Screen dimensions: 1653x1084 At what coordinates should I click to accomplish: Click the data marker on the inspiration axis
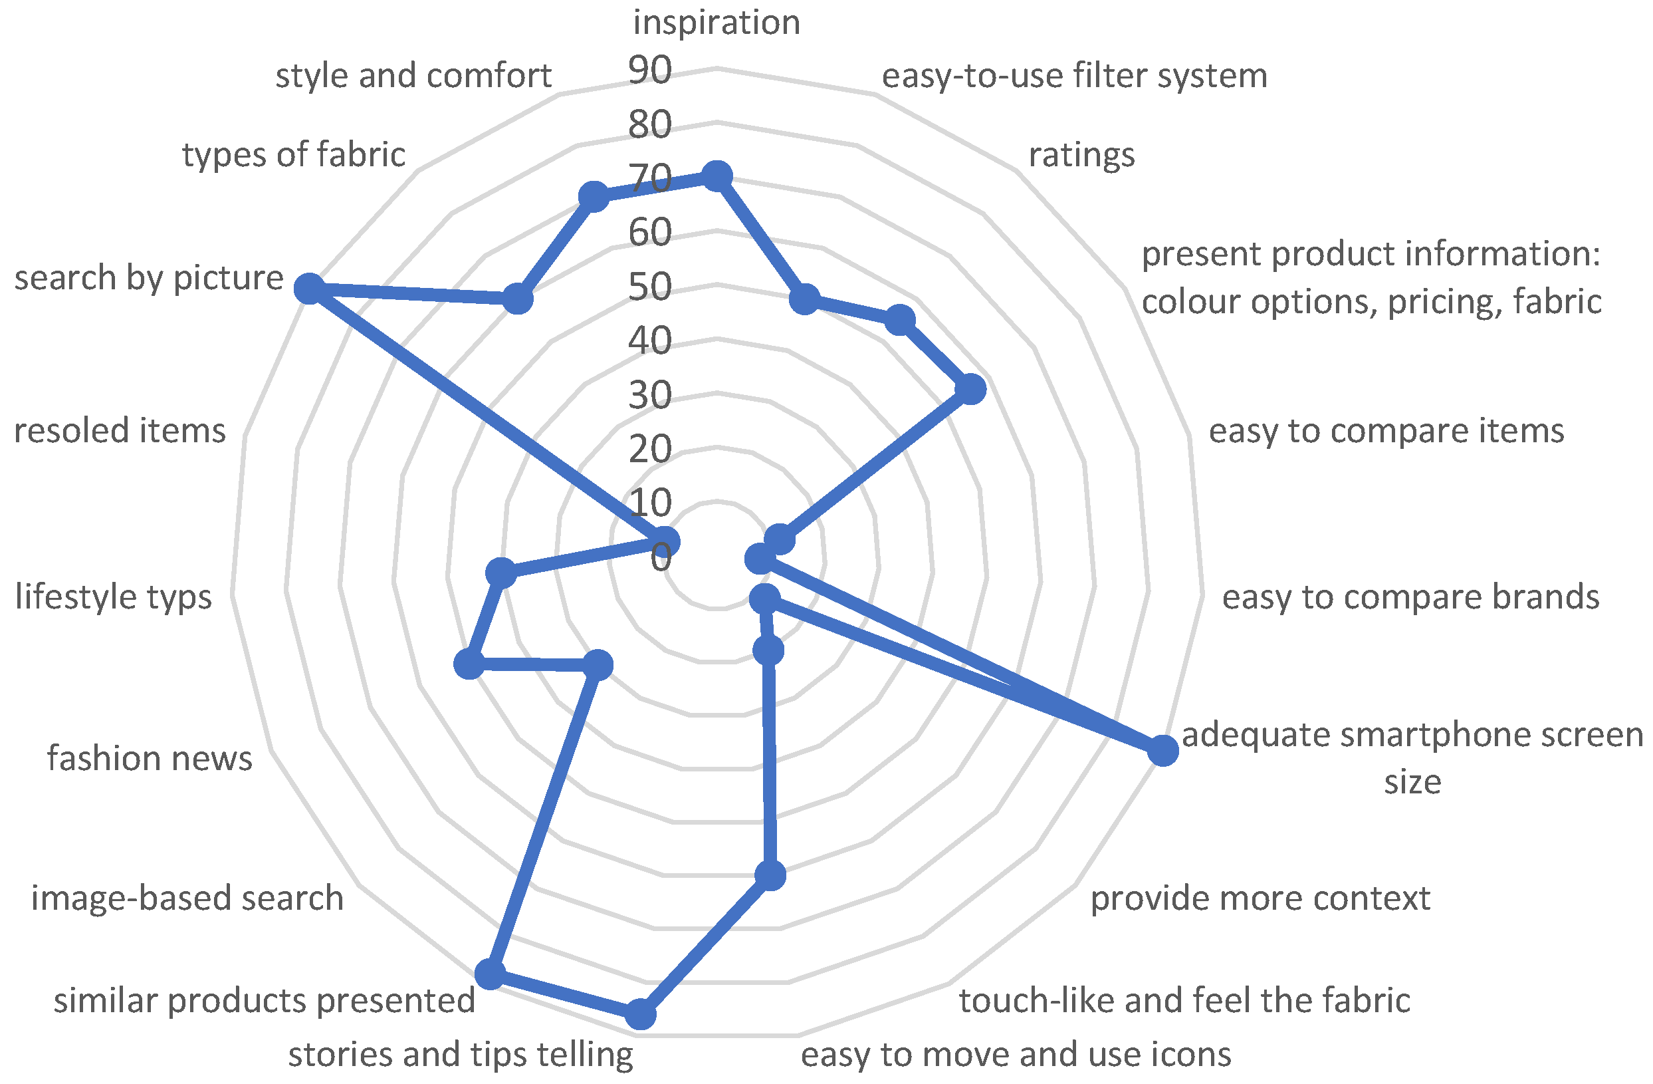coord(717,176)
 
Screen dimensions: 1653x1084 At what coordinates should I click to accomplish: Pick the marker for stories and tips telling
coord(640,1015)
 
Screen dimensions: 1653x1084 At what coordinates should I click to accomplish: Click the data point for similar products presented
coord(491,974)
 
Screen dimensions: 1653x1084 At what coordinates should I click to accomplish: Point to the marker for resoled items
coord(665,541)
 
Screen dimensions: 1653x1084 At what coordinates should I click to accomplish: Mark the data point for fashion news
coord(469,664)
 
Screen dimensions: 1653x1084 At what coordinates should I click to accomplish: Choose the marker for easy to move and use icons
coord(770,876)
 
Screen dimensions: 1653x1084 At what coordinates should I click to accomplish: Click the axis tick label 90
coord(650,70)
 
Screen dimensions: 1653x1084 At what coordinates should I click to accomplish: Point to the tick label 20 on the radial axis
coord(650,449)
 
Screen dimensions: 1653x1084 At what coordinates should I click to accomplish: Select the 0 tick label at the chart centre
coord(661,557)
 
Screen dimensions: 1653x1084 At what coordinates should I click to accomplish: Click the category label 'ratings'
coord(1081,155)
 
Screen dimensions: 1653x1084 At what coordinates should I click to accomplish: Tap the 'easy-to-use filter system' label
coord(1075,76)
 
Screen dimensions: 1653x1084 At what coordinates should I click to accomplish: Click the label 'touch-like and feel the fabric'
coord(1185,1001)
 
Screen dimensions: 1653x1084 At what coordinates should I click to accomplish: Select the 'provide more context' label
coord(1261,898)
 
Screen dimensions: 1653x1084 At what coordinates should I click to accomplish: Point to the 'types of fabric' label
coord(294,154)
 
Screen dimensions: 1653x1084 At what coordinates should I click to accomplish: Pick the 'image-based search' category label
coord(187,898)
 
